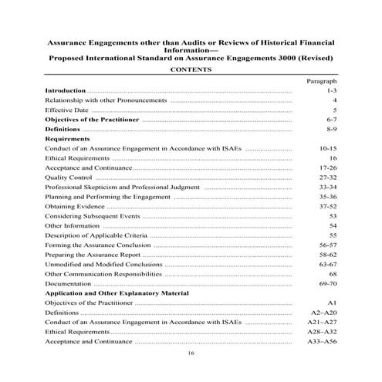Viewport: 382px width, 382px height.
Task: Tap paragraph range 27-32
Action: (327, 177)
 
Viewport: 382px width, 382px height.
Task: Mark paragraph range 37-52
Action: (327, 207)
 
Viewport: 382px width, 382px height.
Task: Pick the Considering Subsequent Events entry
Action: (93, 216)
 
